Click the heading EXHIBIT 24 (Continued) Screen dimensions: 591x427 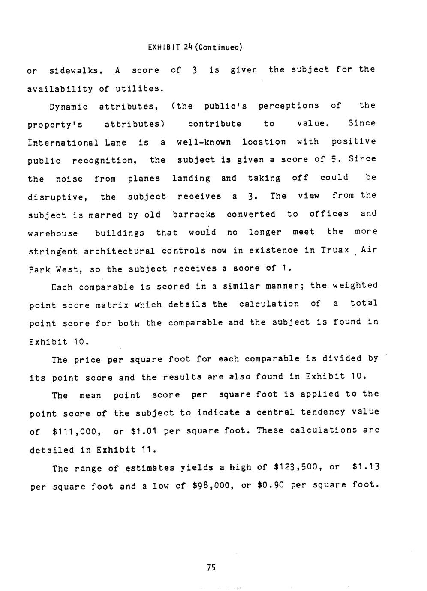pyautogui.click(x=195, y=47)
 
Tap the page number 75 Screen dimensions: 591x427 pyautogui.click(x=210, y=568)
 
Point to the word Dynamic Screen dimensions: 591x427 pyautogui.click(x=69, y=107)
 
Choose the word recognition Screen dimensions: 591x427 pyautogui.click(x=104, y=161)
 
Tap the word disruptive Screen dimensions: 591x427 pyautogui.click(x=58, y=197)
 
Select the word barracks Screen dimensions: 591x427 pyautogui.click(x=194, y=215)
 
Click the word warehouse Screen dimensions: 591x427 pyautogui.click(x=53, y=233)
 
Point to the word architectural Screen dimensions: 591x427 pyautogui.click(x=119, y=251)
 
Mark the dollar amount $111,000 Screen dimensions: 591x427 pyautogui.click(x=76, y=432)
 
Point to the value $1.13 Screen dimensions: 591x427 pyautogui.click(x=365, y=467)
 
